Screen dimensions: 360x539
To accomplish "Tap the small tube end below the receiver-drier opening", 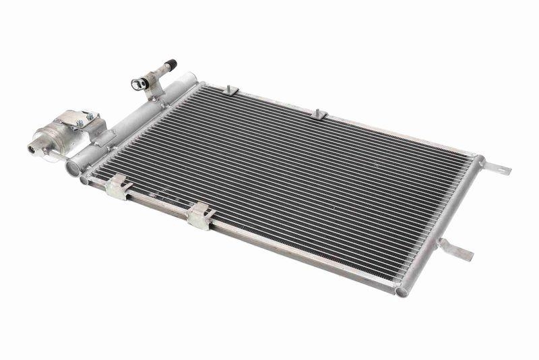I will pyautogui.click(x=85, y=180).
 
